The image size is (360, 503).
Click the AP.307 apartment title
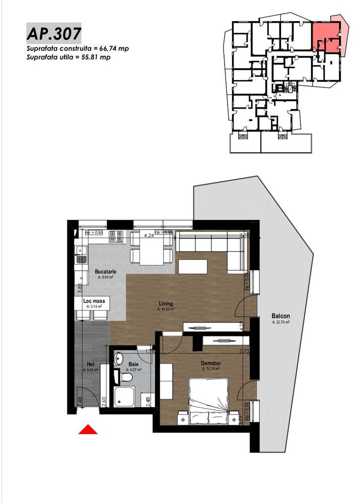pos(53,34)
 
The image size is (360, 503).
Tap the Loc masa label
pos(95,301)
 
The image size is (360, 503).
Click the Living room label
pos(166,304)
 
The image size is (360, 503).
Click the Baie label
pos(133,364)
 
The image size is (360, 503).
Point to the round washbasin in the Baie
pos(118,358)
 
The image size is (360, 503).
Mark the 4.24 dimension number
pos(149,235)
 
